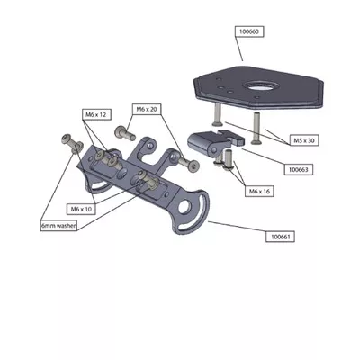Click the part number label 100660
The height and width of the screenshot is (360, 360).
tap(249, 31)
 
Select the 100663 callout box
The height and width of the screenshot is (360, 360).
tap(299, 170)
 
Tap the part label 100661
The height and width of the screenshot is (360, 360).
tap(281, 237)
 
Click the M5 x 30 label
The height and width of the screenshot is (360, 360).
tap(304, 140)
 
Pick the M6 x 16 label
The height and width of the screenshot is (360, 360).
tap(260, 191)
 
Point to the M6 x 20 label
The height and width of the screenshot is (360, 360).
tap(147, 109)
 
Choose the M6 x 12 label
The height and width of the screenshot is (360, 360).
tap(96, 114)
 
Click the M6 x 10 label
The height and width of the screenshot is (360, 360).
tap(81, 209)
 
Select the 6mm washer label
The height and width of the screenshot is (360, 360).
tap(58, 226)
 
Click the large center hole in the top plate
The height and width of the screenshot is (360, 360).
tap(258, 86)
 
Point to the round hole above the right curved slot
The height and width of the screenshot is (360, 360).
tap(184, 206)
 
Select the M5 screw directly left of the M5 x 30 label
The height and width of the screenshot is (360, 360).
tap(256, 128)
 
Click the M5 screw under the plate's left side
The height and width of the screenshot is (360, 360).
tap(217, 114)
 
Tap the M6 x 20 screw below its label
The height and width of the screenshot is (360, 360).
tap(125, 133)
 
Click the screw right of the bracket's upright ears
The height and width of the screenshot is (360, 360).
tap(189, 164)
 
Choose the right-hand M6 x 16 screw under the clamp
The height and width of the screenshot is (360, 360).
tap(229, 160)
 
